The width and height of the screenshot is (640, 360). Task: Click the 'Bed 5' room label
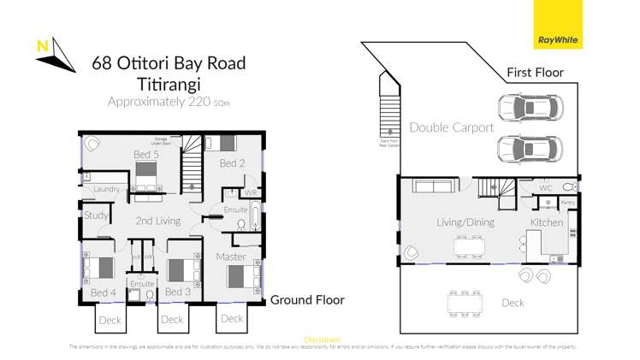coord(145,155)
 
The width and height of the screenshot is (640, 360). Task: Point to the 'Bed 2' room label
coord(233,162)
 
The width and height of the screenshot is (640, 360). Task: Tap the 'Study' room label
coord(96,215)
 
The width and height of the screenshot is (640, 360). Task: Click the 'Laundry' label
coord(107,189)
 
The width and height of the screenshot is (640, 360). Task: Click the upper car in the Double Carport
coord(530,109)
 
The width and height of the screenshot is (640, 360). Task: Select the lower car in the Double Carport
coord(530,148)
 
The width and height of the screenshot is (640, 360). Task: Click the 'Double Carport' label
coord(451,127)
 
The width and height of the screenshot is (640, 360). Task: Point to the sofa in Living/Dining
coord(433,187)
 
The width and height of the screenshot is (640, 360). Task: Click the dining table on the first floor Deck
coord(465,303)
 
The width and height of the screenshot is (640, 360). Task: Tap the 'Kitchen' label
coord(546,222)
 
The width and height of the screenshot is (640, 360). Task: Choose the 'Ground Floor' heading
coord(307,300)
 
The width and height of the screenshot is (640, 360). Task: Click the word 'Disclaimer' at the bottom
coord(323,339)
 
